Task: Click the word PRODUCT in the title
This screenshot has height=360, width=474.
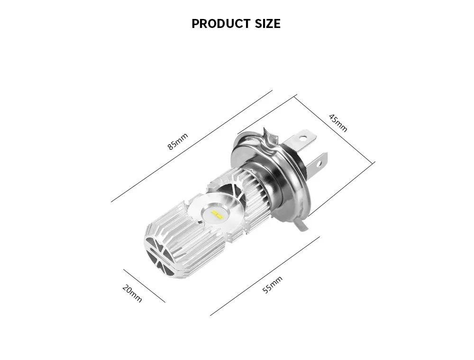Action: (x=221, y=24)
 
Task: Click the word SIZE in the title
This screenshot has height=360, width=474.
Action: (x=267, y=24)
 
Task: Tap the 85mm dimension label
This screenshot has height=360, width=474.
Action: (x=178, y=141)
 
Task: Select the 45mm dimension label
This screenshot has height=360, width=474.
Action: (x=338, y=123)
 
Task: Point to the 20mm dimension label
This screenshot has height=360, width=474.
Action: (x=132, y=294)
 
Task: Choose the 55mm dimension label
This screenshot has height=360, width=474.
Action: (x=272, y=285)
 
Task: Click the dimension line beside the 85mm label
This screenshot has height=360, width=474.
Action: (x=191, y=146)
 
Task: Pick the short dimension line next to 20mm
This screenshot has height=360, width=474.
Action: (x=144, y=286)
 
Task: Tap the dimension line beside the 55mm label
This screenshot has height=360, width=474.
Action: (x=265, y=276)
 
